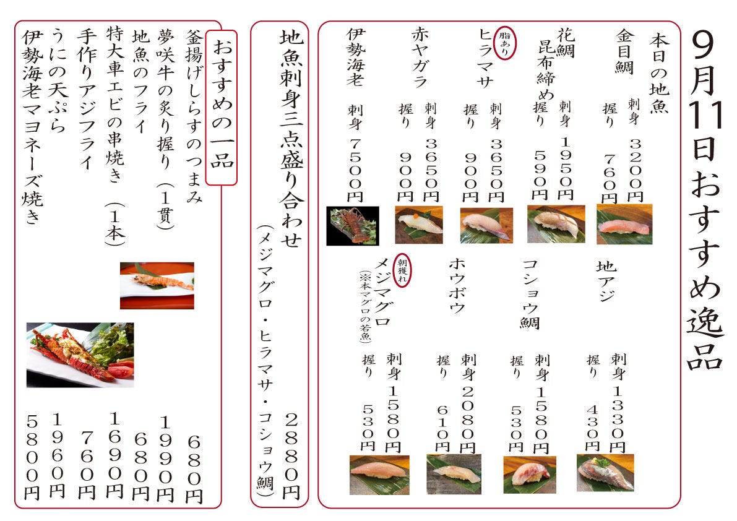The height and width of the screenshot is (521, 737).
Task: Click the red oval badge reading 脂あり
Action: (x=504, y=43)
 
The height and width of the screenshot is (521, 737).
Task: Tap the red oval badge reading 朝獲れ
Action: (x=402, y=270)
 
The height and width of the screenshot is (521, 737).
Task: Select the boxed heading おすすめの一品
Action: (x=222, y=108)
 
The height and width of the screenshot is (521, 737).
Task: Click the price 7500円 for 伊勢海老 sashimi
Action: (x=355, y=171)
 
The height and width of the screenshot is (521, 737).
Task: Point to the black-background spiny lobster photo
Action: (x=353, y=225)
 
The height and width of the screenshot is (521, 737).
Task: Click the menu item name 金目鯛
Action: (x=624, y=52)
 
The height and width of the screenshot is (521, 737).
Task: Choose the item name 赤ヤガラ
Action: (x=420, y=57)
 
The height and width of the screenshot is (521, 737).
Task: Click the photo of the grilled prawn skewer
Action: (x=157, y=286)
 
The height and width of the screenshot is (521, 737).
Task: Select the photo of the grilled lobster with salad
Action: (x=80, y=355)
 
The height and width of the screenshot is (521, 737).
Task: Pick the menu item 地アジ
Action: (x=606, y=281)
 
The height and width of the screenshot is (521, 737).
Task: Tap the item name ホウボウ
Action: (x=457, y=286)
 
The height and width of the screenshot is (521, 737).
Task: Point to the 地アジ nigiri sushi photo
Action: (x=605, y=473)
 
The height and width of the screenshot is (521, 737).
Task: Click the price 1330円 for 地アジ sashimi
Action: (x=618, y=419)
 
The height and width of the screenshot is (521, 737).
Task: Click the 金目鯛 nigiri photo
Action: (x=624, y=224)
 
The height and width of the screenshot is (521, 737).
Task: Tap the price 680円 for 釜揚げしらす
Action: (x=194, y=469)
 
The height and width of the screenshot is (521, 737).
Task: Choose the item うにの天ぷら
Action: (x=58, y=80)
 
